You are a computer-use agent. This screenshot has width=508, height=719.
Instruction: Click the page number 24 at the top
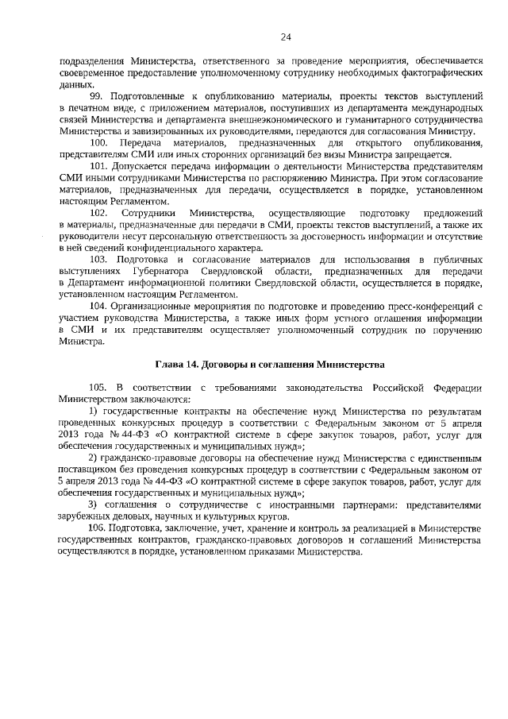(286, 36)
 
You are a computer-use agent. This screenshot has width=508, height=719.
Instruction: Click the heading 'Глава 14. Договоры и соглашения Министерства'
(269, 364)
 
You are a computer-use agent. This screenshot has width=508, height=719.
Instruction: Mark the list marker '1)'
(94, 411)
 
